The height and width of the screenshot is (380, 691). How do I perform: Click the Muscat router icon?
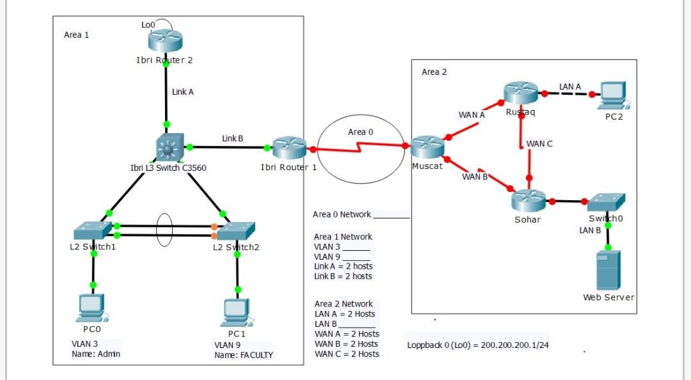427,148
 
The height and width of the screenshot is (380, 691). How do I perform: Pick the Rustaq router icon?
520,94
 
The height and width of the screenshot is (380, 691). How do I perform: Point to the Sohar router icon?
529,200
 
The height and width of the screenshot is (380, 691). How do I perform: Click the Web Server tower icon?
608,271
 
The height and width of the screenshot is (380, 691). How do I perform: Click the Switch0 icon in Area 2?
606,202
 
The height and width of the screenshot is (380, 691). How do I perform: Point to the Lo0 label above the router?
148,24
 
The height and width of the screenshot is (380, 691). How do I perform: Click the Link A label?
183,92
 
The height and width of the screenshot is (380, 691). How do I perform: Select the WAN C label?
540,144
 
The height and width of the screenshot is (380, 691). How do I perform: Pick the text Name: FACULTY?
243,355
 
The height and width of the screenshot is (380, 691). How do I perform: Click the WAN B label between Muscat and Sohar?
475,177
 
